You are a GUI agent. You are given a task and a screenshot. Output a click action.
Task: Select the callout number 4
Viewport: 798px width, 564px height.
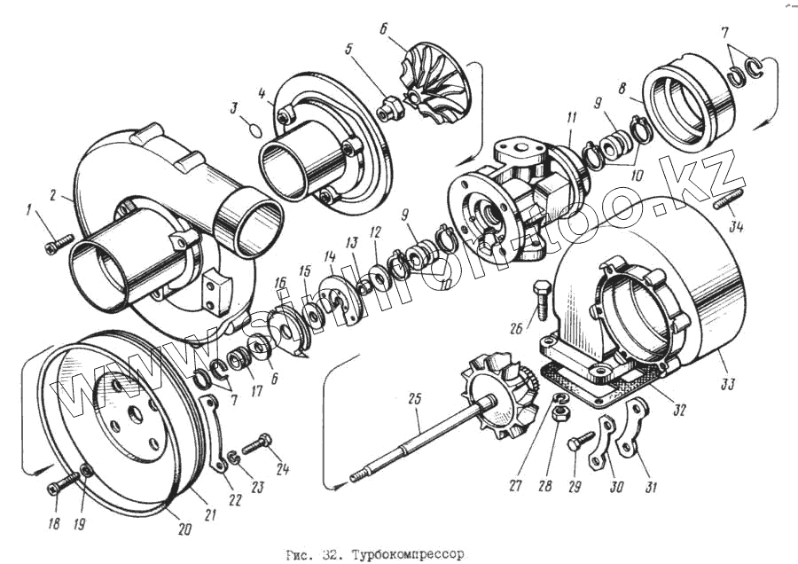coord(263,92)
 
